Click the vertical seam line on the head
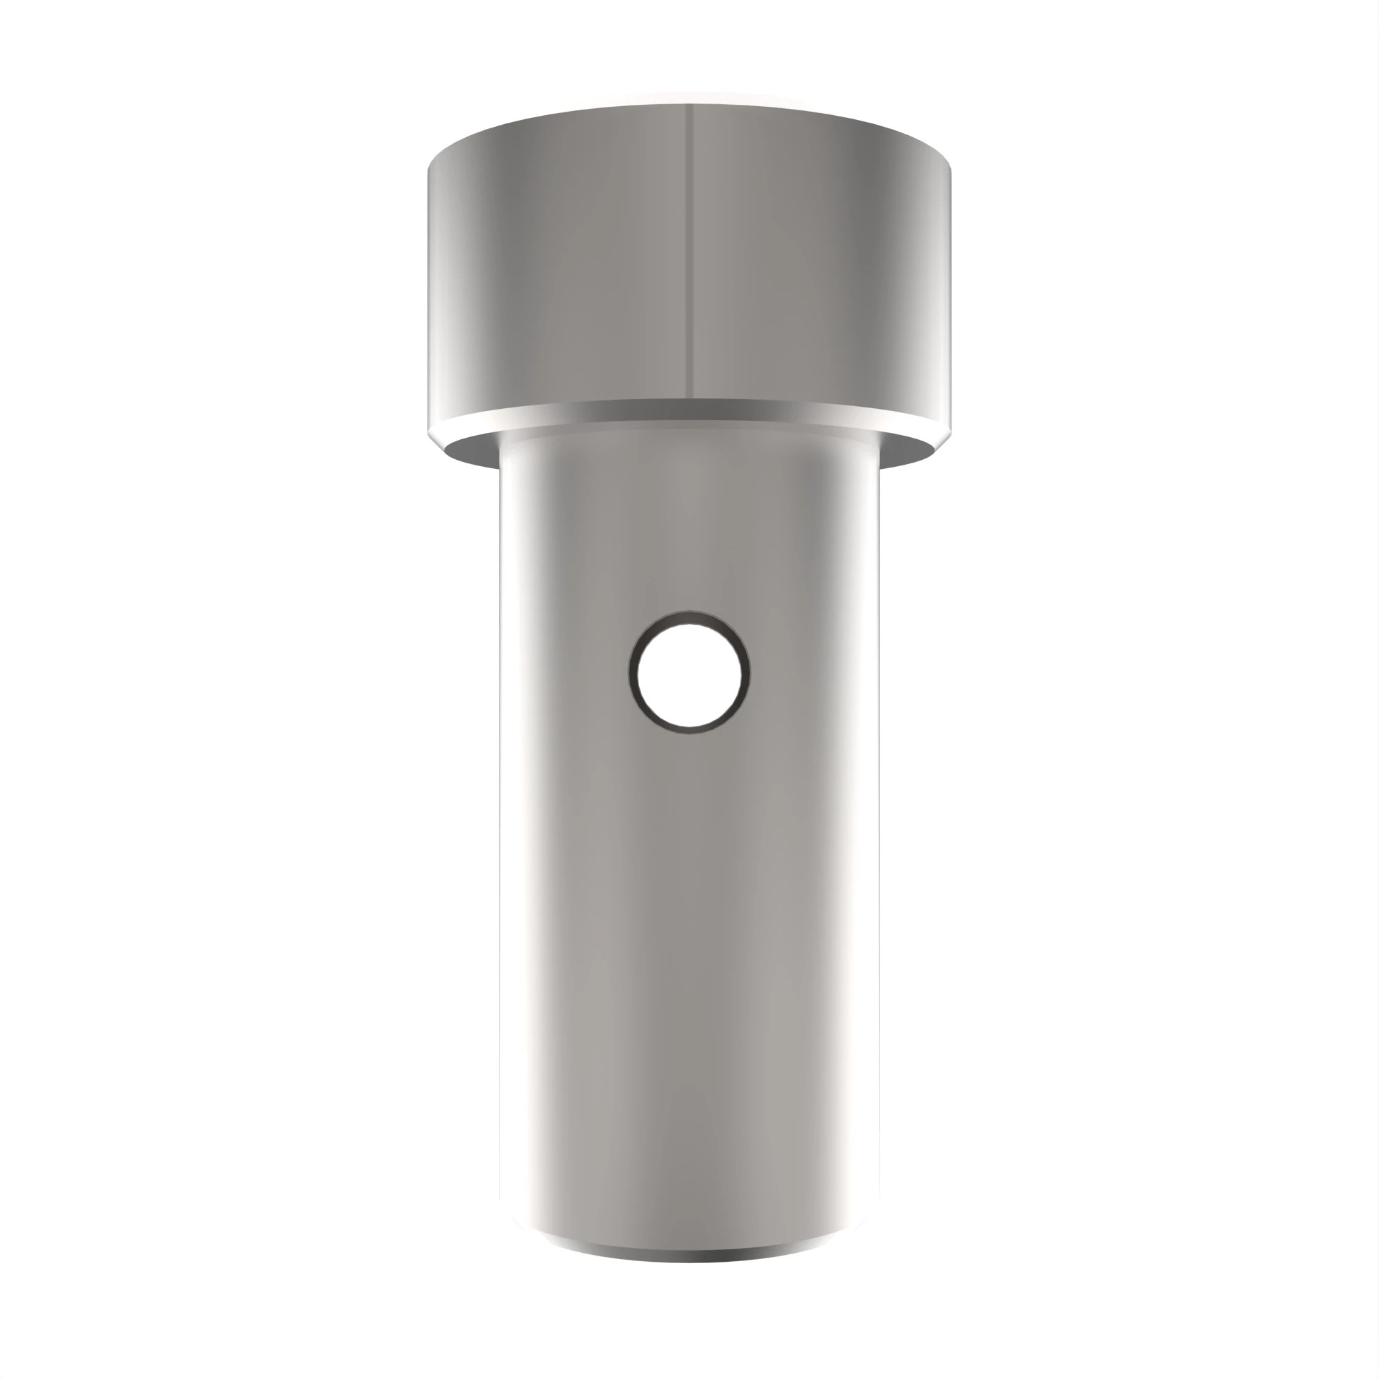coord(690,250)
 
